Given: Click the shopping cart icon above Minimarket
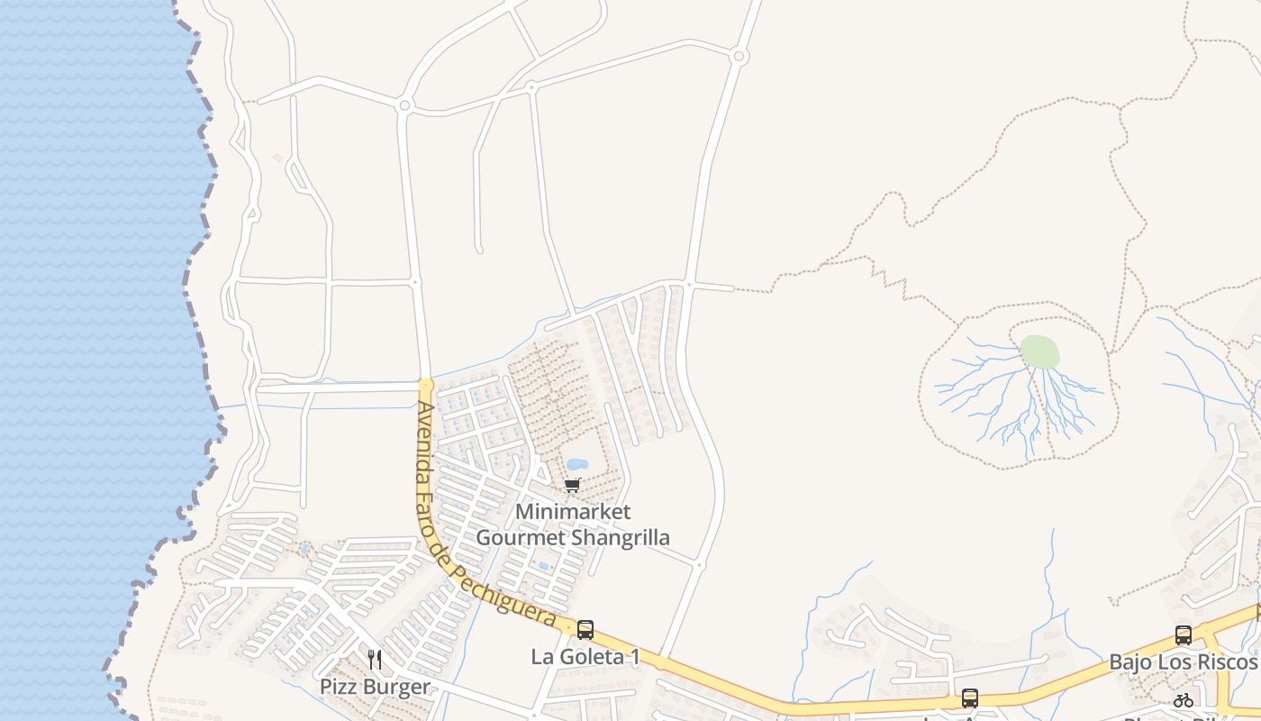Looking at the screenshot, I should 572,486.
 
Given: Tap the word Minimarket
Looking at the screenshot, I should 573,512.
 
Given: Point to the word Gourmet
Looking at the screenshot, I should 514,538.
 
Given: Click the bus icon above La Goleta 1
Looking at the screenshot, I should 585,630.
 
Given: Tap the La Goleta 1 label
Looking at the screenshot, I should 585,657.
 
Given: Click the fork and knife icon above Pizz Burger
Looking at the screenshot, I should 375,660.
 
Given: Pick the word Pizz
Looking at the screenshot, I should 338,687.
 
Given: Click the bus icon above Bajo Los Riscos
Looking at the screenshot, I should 1184,635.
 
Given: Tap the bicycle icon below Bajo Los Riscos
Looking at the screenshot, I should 1184,700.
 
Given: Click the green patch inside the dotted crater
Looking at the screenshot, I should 1039,351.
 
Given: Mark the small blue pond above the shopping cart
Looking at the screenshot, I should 576,465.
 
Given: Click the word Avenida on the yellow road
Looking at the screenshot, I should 422,439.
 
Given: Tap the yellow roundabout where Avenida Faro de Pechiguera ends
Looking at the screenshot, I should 426,386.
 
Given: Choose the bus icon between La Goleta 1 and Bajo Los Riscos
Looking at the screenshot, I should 970,698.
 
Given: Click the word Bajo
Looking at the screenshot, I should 1128,662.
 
